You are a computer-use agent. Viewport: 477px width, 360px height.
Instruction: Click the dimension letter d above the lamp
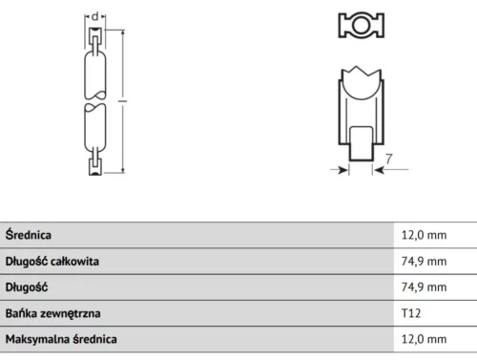click(x=95, y=16)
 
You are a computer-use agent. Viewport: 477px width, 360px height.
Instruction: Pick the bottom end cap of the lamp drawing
click(x=94, y=166)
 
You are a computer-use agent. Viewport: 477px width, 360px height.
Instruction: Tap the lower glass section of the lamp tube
click(x=94, y=130)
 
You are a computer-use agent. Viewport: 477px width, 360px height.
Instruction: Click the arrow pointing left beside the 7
click(x=378, y=170)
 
